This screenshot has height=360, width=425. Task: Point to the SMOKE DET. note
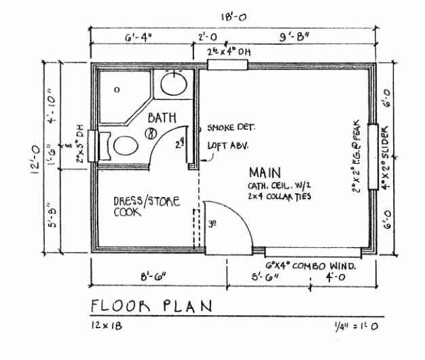[x=231, y=128]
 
